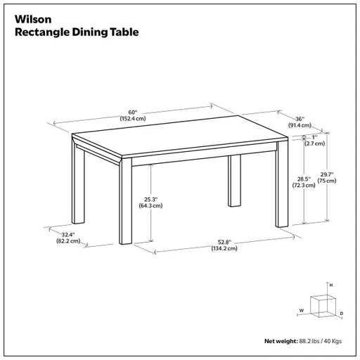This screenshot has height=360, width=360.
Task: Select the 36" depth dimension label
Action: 300,119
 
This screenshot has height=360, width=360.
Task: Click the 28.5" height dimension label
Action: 304,179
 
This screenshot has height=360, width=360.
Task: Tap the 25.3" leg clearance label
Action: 150,199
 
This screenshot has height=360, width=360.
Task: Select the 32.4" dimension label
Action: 68,234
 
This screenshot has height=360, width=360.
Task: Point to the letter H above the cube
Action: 331,285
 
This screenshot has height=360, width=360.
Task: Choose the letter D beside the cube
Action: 341,313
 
